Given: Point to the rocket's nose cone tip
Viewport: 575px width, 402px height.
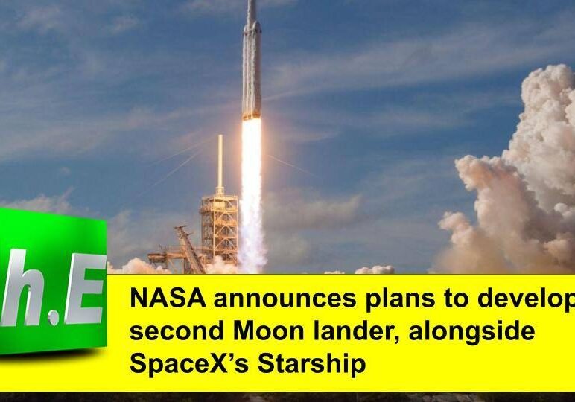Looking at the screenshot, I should coord(252,3).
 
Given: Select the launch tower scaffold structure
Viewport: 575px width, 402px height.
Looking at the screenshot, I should coord(219,227).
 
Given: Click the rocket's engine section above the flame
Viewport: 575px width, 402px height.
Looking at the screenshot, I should coord(252,108).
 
